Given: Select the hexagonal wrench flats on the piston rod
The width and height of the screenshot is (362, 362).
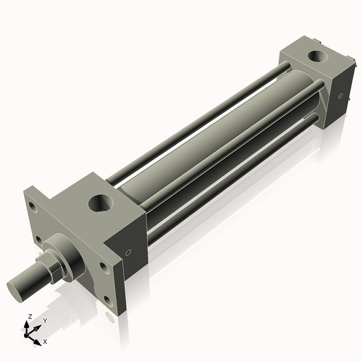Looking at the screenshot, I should pyautogui.click(x=54, y=265).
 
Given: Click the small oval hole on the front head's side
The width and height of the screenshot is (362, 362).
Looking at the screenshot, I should pyautogui.click(x=129, y=253).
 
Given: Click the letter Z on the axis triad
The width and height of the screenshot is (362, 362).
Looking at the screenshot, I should pyautogui.click(x=28, y=316).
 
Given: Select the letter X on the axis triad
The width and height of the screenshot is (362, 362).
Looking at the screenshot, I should pyautogui.click(x=46, y=340).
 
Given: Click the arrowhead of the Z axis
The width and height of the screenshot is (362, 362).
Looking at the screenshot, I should pyautogui.click(x=29, y=324).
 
